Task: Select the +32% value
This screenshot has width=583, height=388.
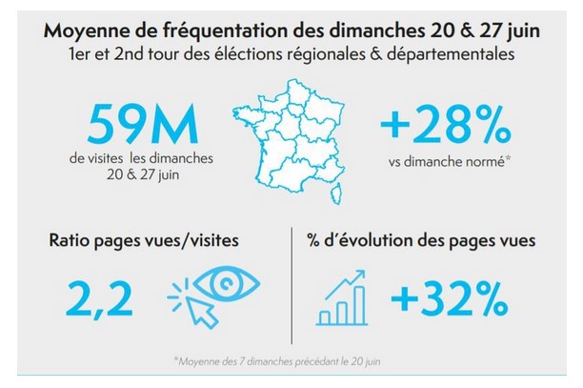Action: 449,298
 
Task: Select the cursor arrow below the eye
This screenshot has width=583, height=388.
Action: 196,308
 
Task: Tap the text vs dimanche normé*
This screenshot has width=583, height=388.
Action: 444,160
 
